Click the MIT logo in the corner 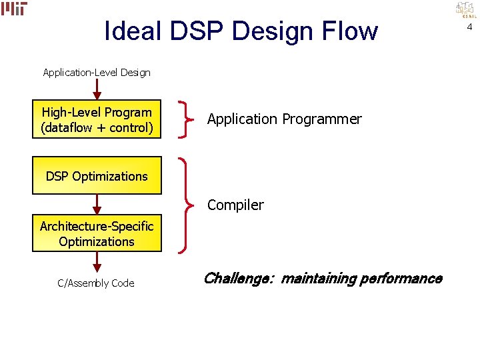coord(14,9)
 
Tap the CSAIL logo coord(465,9)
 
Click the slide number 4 coord(469,27)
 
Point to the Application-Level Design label coord(97,72)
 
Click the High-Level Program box coord(97,119)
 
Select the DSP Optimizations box coord(97,176)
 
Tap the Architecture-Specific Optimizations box coord(97,233)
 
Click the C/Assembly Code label coord(96,283)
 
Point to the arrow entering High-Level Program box coord(97,89)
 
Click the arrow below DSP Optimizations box coord(97,204)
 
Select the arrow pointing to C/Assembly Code coord(97,262)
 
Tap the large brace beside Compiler coord(186,205)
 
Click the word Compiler coord(235,205)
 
